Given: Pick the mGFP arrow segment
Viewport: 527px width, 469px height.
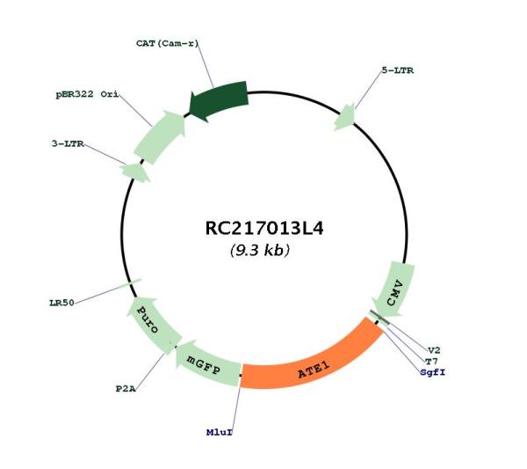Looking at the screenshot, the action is coord(206,364).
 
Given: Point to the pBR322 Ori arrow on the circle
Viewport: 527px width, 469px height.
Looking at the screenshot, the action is coord(161,136).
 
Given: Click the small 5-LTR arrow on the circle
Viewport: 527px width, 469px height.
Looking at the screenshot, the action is coord(345,117).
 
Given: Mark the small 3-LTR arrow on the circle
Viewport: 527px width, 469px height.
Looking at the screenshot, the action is coord(135,172).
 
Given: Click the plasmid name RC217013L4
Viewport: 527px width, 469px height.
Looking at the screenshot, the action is coord(264,228).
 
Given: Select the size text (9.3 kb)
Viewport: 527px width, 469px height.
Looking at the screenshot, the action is coord(259,250).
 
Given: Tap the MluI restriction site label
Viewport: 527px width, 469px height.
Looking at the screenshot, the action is coord(219,432).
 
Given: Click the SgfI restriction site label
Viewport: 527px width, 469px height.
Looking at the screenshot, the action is coord(432,372).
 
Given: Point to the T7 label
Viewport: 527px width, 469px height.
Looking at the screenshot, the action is coord(431,362).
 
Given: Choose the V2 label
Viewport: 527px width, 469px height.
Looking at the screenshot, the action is coord(434,350).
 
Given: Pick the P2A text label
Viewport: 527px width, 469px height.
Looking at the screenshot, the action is coord(126,389).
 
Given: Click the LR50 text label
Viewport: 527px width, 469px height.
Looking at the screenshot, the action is coord(61,303).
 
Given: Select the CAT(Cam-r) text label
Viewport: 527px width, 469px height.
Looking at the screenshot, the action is coord(168,43).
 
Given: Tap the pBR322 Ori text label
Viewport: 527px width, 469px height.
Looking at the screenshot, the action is coord(87,95).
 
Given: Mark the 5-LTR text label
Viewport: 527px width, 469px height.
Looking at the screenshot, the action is coord(398,70).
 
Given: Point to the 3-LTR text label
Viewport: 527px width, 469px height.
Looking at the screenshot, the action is coord(68,143).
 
